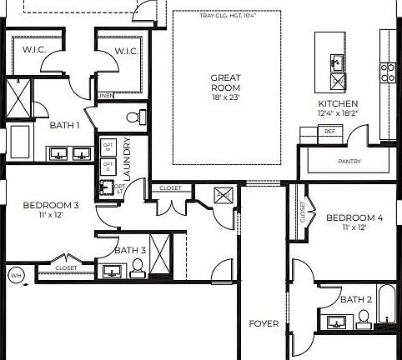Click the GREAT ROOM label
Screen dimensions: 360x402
(x=225, y=82)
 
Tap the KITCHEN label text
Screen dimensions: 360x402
(x=338, y=103)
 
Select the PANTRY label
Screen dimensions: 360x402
(x=349, y=161)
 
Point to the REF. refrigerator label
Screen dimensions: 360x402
(x=329, y=132)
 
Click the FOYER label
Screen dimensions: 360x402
(x=264, y=323)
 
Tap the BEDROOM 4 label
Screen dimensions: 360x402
(x=354, y=218)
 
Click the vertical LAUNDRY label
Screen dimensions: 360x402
(x=127, y=158)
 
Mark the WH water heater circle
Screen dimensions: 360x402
(x=15, y=275)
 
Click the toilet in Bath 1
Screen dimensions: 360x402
(x=135, y=115)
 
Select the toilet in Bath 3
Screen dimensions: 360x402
(x=138, y=267)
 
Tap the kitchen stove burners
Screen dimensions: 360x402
(x=388, y=72)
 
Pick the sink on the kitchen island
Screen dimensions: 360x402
(x=336, y=62)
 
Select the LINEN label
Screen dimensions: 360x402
(x=105, y=96)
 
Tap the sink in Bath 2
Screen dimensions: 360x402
(x=337, y=321)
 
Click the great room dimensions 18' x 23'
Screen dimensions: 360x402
(x=225, y=97)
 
